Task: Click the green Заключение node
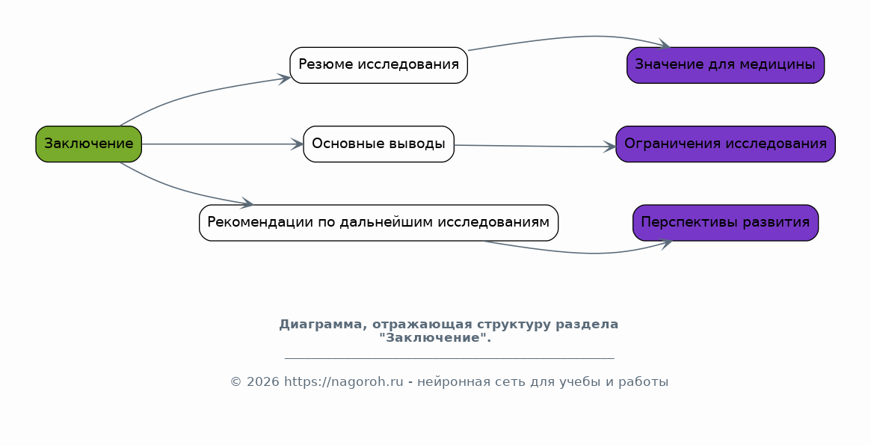[88, 144]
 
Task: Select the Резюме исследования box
[378, 64]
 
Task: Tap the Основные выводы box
[378, 144]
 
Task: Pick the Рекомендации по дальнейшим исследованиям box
[378, 222]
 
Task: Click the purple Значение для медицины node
[725, 64]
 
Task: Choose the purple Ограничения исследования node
[725, 144]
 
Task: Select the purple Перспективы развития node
[725, 222]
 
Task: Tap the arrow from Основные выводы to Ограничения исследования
[535, 146]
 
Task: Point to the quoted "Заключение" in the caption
[433, 338]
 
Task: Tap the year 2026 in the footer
[263, 382]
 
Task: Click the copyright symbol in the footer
[236, 382]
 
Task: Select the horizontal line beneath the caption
[449, 359]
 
